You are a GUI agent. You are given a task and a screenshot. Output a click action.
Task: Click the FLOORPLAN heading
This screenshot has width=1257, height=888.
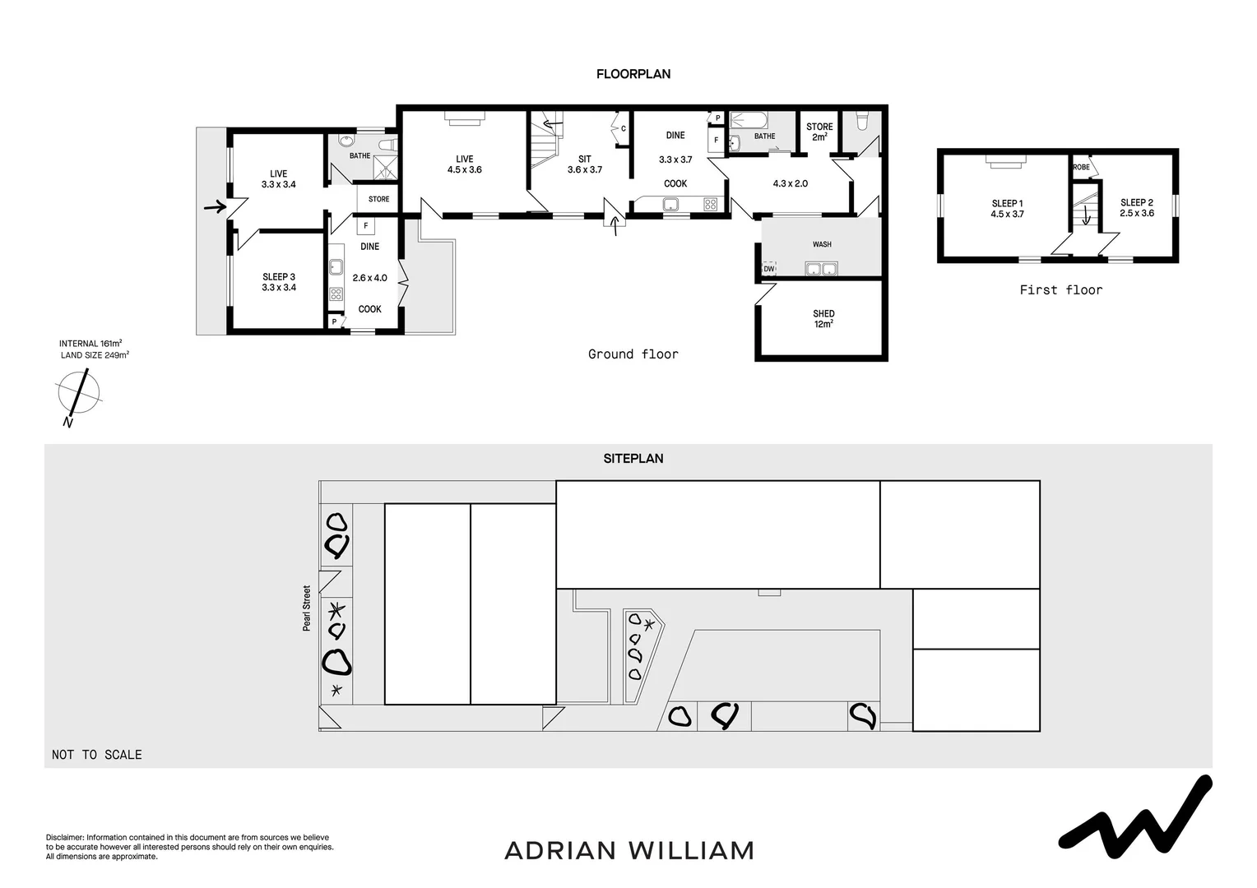pyautogui.click(x=633, y=74)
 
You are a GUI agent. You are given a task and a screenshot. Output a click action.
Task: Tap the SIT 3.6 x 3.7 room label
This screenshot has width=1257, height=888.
pyautogui.click(x=584, y=164)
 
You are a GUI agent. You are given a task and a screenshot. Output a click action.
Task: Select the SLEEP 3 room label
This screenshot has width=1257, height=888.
pyautogui.click(x=279, y=282)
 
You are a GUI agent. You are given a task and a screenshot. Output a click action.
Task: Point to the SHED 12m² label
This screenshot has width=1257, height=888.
pyautogui.click(x=823, y=318)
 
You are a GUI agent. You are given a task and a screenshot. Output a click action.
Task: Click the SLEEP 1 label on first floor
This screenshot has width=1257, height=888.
pyautogui.click(x=1007, y=208)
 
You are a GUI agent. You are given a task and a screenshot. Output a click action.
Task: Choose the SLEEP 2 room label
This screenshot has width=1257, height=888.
pyautogui.click(x=1137, y=207)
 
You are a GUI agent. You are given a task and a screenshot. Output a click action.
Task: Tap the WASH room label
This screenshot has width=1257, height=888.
pyautogui.click(x=822, y=244)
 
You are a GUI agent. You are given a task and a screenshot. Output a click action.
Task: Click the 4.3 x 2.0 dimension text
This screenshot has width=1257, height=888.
pyautogui.click(x=790, y=183)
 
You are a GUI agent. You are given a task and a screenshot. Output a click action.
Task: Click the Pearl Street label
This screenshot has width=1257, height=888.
pyautogui.click(x=307, y=608)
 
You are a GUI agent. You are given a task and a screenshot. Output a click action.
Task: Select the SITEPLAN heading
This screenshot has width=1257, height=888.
pyautogui.click(x=633, y=459)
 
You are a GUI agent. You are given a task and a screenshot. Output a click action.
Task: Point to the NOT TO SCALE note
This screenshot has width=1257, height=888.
pyautogui.click(x=97, y=755)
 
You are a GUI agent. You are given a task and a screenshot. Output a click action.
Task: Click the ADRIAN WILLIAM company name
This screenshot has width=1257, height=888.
pyautogui.click(x=628, y=850)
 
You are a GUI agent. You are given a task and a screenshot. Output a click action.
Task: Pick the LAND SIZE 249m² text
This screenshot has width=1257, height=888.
pyautogui.click(x=95, y=355)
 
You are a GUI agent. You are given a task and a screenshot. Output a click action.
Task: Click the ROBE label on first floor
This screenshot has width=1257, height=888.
pyautogui.click(x=1081, y=167)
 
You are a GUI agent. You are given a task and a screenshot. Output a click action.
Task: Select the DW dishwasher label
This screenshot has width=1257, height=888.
pyautogui.click(x=769, y=269)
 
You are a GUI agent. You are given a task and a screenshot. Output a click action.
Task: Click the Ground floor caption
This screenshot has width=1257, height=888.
pyautogui.click(x=633, y=354)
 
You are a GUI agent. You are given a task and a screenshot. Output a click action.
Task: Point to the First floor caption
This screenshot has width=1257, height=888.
pyautogui.click(x=1060, y=289)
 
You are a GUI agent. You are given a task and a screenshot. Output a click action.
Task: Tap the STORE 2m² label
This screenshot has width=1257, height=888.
pyautogui.click(x=819, y=132)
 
